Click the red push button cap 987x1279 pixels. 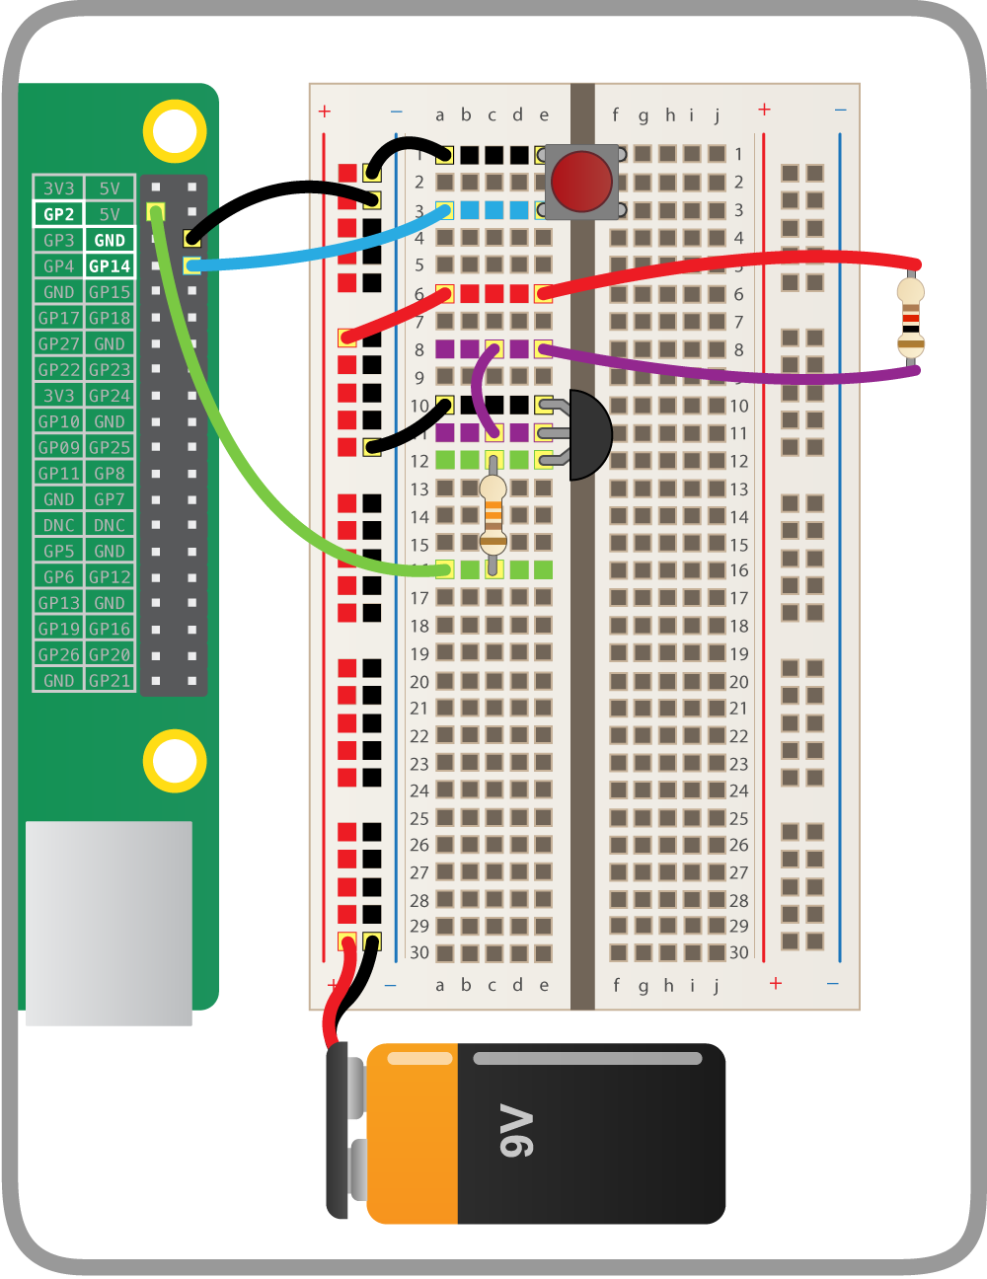coord(581,181)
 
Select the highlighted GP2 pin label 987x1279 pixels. coord(58,214)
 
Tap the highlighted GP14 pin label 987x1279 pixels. coord(110,266)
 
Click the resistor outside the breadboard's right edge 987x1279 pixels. coord(910,317)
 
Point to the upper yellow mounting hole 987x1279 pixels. coord(175,130)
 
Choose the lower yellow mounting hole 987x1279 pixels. coord(175,761)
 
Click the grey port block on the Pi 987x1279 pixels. coord(109,923)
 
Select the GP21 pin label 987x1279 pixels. coord(110,680)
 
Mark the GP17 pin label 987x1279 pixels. coord(58,318)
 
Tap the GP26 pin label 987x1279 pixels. coord(58,654)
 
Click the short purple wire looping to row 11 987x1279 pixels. coord(478,390)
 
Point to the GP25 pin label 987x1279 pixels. coord(110,447)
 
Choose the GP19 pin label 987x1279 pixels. coord(58,629)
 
